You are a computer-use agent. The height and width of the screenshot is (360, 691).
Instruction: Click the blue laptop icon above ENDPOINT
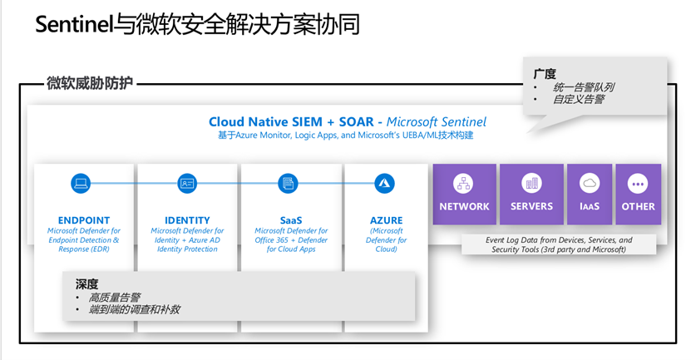pos(81,183)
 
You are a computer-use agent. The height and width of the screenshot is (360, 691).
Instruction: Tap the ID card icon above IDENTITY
pos(187,183)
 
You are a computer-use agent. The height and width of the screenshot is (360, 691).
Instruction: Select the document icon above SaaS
pos(289,183)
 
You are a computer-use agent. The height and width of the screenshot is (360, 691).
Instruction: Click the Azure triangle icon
pos(384,183)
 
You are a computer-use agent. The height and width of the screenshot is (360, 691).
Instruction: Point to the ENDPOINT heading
pos(84,220)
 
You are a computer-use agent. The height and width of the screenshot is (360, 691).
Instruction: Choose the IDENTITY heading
pos(187,220)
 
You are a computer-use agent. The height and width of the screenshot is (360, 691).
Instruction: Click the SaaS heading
pos(291,220)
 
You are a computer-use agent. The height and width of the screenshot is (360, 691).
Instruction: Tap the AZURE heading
pos(386,220)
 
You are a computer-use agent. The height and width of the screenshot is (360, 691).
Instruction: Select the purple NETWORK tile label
pos(464,207)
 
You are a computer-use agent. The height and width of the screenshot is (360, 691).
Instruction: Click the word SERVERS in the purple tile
pos(531,206)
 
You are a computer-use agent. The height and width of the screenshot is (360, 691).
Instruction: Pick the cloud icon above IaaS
pos(590,183)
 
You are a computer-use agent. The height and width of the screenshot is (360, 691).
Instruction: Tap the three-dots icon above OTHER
pos(638,184)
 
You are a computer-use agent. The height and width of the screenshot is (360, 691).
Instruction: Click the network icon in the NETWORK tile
pos(464,183)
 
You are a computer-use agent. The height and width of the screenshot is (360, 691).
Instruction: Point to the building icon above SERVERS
pos(532,183)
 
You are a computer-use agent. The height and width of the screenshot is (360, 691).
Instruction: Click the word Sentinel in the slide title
pos(74,24)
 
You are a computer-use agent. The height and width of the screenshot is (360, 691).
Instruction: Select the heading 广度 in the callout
pos(545,74)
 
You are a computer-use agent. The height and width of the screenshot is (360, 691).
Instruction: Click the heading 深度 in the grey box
pos(86,284)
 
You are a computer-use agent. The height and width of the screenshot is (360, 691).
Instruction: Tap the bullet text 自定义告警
pos(579,100)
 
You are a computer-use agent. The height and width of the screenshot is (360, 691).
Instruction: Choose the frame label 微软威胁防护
pos(90,83)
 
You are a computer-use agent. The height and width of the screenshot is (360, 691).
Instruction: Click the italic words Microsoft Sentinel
pos(437,121)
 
